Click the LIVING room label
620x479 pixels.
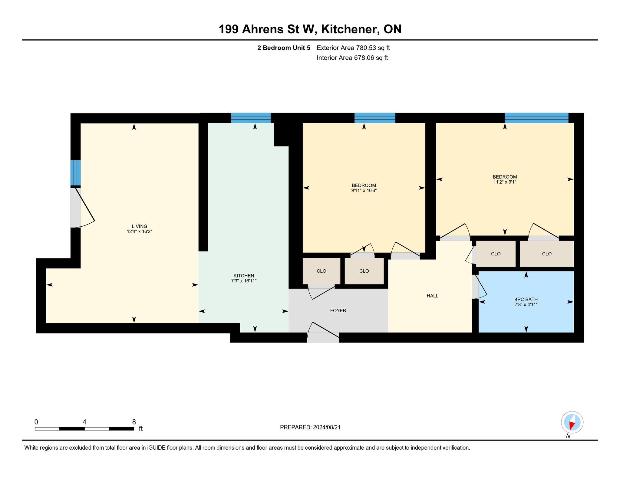pos(139,226)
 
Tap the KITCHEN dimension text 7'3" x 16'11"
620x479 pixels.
pos(244,281)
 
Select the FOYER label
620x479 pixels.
pos(338,310)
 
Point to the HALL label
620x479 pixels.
pos(433,296)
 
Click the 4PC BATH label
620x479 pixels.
pos(526,300)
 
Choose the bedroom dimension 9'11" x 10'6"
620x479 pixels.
pos(364,191)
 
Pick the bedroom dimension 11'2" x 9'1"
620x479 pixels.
pos(505,182)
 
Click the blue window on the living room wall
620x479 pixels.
pos(76,173)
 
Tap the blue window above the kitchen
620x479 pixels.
pos(251,118)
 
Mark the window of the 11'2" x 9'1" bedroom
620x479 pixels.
pos(536,118)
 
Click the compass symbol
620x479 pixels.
pos(572,422)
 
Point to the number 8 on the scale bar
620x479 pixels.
pos(134,422)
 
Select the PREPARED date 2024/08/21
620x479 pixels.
pos(327,427)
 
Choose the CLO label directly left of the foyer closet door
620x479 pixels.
pos(322,271)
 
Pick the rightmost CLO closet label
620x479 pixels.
pos(547,254)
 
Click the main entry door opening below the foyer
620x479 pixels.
pos(323,338)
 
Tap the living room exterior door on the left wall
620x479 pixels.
pos(76,208)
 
